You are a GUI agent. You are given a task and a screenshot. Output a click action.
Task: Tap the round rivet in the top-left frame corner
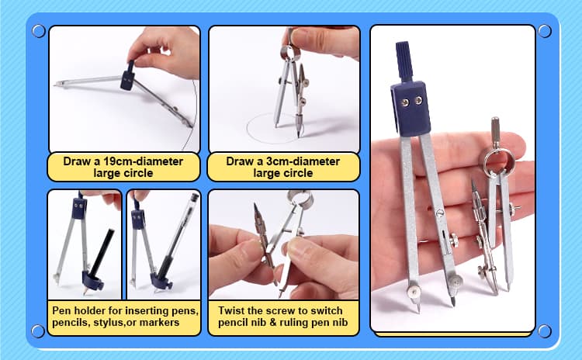tap(39, 31)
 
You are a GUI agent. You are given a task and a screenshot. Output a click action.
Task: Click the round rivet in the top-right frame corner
tap(545, 31)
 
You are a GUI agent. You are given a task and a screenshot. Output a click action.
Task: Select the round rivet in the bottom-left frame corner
tap(38, 331)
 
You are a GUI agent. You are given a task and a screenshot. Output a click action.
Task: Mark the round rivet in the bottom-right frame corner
tap(545, 331)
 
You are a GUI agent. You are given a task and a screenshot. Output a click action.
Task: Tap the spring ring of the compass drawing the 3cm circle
tap(290, 52)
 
